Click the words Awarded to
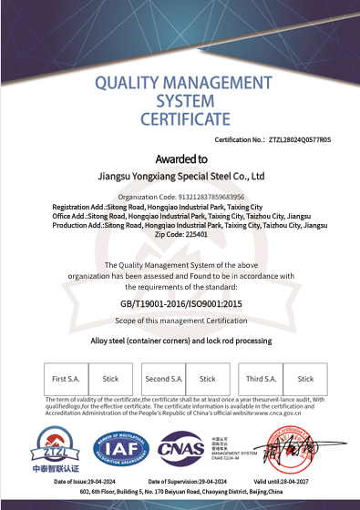pyautogui.click(x=181, y=158)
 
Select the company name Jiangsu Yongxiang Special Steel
pyautogui.click(x=180, y=177)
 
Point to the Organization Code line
pyautogui.click(x=181, y=197)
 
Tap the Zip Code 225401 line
pyautogui.click(x=181, y=234)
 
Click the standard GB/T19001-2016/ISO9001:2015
pyautogui.click(x=180, y=303)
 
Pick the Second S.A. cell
pyautogui.click(x=165, y=378)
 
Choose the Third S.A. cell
pyautogui.click(x=262, y=378)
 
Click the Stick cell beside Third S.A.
pyautogui.click(x=305, y=378)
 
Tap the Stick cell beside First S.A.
pyautogui.click(x=111, y=378)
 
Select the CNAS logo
pyautogui.click(x=181, y=449)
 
